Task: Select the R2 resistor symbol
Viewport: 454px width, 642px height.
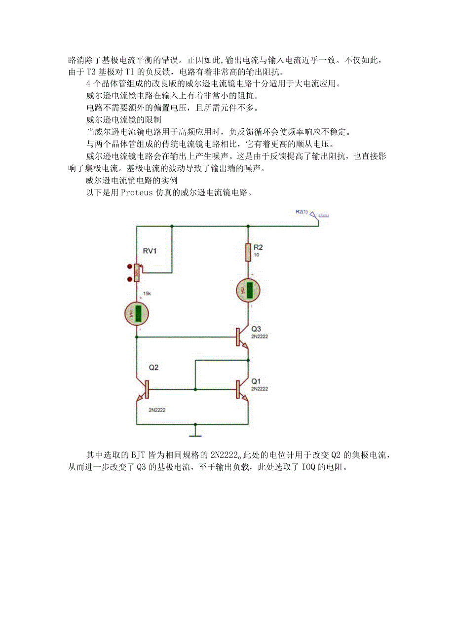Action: (248, 252)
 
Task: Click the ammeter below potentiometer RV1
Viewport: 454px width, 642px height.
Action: (137, 313)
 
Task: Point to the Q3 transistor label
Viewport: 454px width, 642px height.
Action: (256, 329)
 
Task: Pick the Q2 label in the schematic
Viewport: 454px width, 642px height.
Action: (154, 368)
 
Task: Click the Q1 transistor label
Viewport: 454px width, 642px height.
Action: (256, 381)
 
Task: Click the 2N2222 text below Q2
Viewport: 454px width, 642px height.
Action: (156, 410)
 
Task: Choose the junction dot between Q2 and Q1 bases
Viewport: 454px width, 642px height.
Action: (196, 390)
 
